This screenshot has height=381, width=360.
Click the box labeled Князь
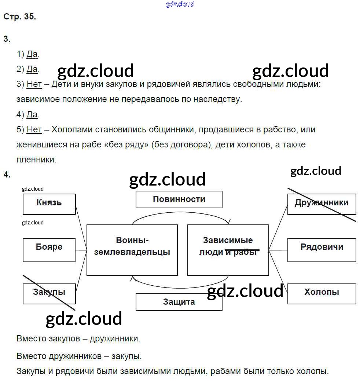pyautogui.click(x=49, y=204)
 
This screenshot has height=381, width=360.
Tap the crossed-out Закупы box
pyautogui.click(x=49, y=293)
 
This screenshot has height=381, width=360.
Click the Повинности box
pyautogui.click(x=179, y=199)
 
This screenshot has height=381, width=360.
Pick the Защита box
pyautogui.click(x=179, y=302)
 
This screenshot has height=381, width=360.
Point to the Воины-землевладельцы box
pyautogui.click(x=132, y=250)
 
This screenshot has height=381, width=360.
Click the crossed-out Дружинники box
pyautogui.click(x=322, y=204)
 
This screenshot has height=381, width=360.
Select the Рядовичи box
pyautogui.click(x=322, y=250)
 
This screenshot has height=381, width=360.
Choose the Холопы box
pyautogui.click(x=322, y=293)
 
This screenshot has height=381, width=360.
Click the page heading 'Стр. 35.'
pyautogui.click(x=20, y=17)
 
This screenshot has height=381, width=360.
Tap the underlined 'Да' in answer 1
pyautogui.click(x=32, y=55)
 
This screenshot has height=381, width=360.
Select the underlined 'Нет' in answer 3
pyautogui.click(x=34, y=84)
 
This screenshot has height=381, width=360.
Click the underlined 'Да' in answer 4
pyautogui.click(x=32, y=114)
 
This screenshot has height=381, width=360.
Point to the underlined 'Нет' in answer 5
pyautogui.click(x=34, y=129)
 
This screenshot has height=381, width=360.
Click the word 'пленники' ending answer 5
pyautogui.click(x=36, y=160)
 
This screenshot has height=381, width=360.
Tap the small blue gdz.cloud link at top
pyautogui.click(x=180, y=4)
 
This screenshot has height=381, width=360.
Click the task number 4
pyautogui.click(x=7, y=175)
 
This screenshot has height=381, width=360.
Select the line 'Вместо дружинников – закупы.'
pyautogui.click(x=79, y=356)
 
